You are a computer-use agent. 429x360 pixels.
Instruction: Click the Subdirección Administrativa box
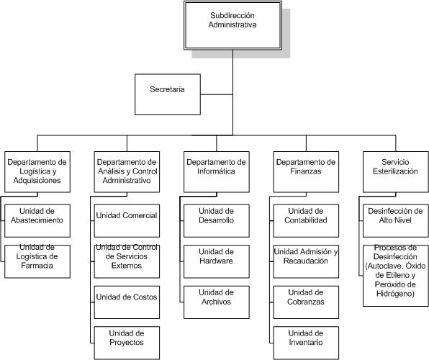pos(232,25)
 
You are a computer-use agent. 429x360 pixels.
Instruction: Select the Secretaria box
pos(168,94)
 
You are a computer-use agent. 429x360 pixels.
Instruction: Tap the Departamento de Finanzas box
pos(306,172)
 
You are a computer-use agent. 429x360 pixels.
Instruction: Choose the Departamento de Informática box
pos(217,172)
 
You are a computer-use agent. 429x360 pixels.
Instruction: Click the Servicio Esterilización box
pos(396,172)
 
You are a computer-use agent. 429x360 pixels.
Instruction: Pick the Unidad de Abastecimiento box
pos(37,220)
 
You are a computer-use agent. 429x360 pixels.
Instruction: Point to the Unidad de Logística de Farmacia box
pos(37,261)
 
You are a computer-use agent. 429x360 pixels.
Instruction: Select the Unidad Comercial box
pos(127,220)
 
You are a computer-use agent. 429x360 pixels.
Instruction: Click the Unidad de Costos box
pos(127,302)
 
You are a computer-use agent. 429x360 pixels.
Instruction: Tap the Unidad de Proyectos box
pos(127,343)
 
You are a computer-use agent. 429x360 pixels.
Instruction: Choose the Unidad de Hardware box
pos(217,261)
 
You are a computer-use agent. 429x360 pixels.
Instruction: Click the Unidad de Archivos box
pos(217,302)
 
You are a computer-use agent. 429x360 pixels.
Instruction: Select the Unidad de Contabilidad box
pos(306,220)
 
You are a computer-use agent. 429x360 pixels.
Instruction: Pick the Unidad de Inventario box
pos(306,343)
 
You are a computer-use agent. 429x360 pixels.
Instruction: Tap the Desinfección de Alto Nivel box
pos(396,220)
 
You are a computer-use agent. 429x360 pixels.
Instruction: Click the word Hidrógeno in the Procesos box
pos(395,294)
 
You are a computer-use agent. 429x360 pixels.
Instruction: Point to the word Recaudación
pos(306,261)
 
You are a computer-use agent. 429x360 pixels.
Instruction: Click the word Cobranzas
pos(306,302)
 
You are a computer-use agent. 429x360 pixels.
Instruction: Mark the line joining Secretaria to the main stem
pos(217,94)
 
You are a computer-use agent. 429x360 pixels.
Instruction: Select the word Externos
pos(127,266)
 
